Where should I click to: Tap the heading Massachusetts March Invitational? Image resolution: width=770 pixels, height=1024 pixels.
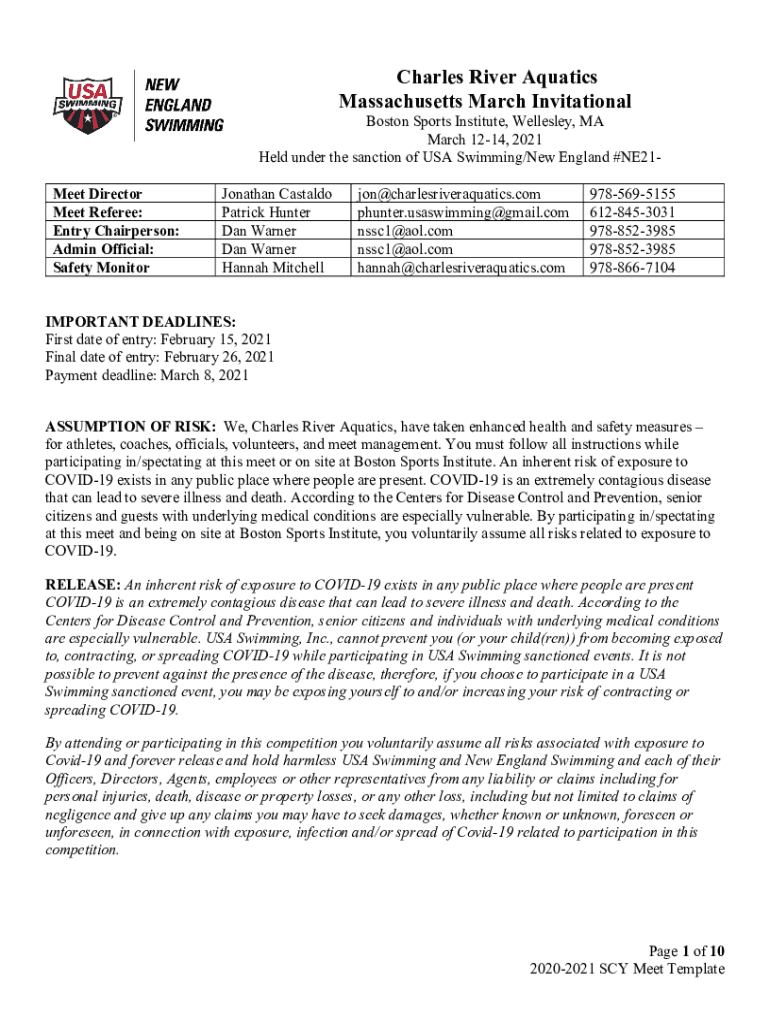click(x=485, y=101)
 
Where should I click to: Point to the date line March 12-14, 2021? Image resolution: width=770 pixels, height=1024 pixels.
click(x=484, y=139)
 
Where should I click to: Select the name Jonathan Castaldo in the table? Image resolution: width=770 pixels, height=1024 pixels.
click(x=277, y=194)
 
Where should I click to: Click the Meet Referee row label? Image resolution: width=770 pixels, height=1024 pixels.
click(x=98, y=212)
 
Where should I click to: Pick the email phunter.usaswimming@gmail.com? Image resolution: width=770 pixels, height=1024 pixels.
click(x=462, y=212)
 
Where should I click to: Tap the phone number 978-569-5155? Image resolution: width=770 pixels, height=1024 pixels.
click(x=632, y=194)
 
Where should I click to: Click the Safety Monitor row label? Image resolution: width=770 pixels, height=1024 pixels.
click(x=101, y=267)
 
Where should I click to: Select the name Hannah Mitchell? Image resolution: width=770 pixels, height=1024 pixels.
click(x=273, y=267)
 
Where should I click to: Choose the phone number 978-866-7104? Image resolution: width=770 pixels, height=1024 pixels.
click(x=632, y=267)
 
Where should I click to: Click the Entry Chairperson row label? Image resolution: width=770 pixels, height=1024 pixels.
click(x=116, y=230)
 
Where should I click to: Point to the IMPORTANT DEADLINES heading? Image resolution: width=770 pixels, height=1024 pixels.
click(x=141, y=322)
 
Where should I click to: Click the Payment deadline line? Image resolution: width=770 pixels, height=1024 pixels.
click(x=147, y=376)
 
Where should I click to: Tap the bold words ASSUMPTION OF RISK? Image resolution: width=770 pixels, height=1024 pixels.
click(x=131, y=426)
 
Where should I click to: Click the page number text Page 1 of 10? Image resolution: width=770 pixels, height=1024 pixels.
click(x=679, y=951)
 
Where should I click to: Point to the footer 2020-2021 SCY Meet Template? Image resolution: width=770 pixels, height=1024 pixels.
click(x=628, y=969)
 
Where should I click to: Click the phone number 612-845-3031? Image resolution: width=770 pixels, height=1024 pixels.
click(x=632, y=212)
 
